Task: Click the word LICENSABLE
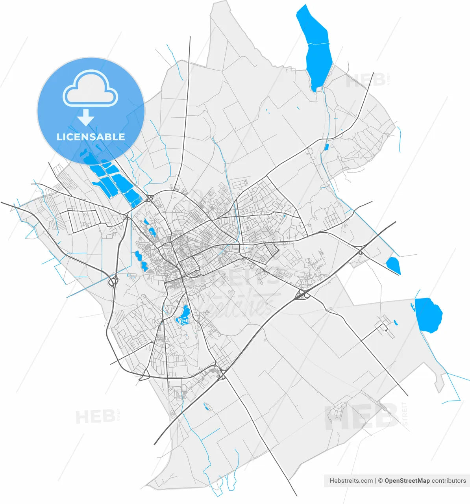pos(91,137)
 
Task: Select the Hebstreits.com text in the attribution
pos(351,481)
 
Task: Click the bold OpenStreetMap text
pos(407,481)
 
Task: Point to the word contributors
pos(449,481)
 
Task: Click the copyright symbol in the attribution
pos(380,481)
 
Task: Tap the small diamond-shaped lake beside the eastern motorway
pos(393,265)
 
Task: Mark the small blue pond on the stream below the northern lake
pos(326,147)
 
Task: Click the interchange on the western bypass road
pos(113,281)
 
